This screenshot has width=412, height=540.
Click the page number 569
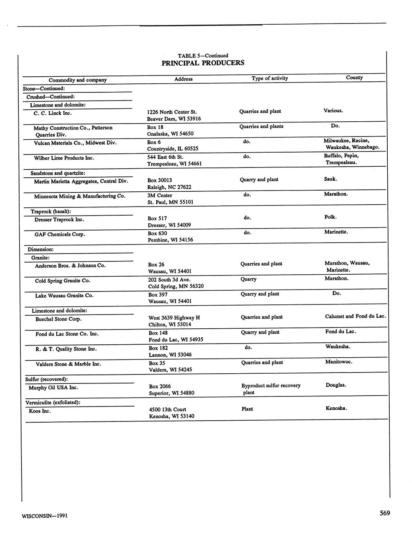385,513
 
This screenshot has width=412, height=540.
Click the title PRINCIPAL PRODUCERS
203,63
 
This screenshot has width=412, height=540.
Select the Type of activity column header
269,78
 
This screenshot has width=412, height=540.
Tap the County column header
354,77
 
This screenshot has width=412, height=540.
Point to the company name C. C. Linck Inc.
52,113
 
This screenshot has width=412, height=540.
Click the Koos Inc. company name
40,411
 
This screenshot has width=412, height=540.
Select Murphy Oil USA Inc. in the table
53,387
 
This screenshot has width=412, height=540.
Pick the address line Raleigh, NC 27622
169,187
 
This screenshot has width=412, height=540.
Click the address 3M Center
160,195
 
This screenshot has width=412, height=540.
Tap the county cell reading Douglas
336,385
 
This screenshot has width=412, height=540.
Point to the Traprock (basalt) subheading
51,211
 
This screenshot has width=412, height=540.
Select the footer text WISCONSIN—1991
45,516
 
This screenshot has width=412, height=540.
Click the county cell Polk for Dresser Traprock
330,217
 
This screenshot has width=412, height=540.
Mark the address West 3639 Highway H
174,318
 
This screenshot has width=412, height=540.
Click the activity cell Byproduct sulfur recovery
271,385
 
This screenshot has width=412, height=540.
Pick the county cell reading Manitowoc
338,362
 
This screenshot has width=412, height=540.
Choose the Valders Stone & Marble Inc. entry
69,364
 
